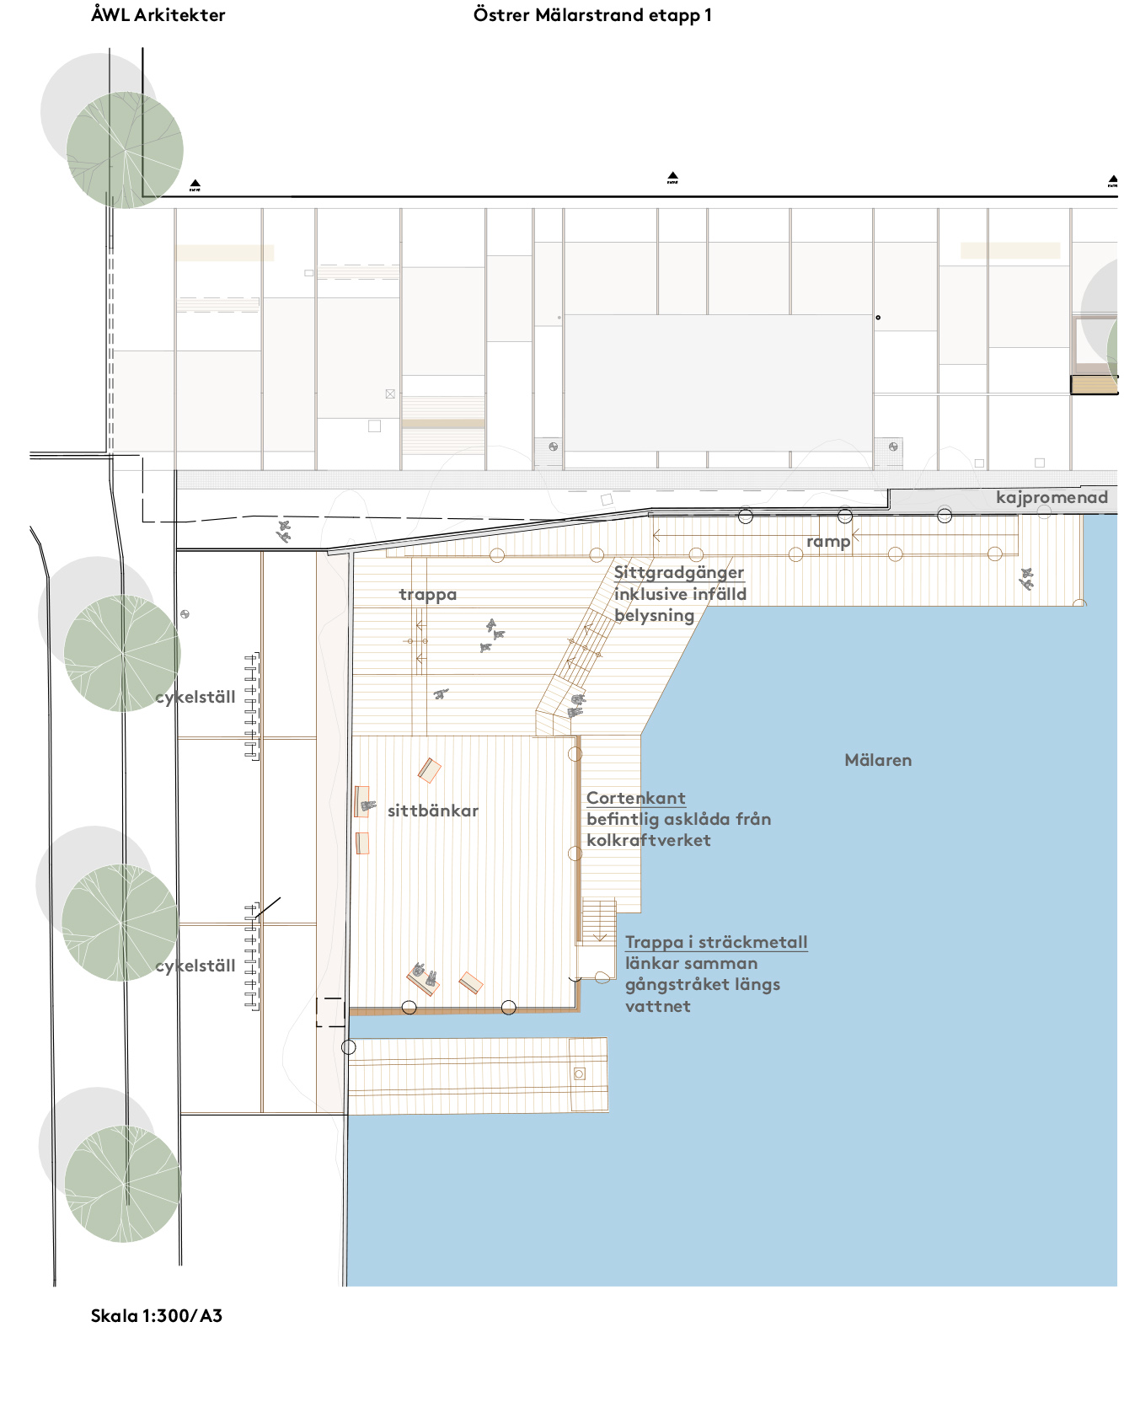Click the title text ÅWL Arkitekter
[x=158, y=15]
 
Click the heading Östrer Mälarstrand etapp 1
[x=592, y=15]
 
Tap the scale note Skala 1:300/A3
[x=157, y=1316]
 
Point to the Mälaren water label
[x=878, y=760]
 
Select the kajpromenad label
[x=1052, y=498]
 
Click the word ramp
[x=828, y=542]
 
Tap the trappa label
[x=428, y=595]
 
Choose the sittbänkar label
[x=433, y=811]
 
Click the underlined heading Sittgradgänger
[x=679, y=573]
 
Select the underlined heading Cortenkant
[x=636, y=798]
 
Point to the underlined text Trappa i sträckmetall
[x=716, y=942]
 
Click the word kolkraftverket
[x=649, y=840]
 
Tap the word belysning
[x=655, y=616]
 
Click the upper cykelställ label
[x=195, y=698]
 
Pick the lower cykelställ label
[x=195, y=966]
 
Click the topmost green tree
[x=125, y=150]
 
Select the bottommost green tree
[x=123, y=1184]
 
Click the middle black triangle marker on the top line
[x=672, y=178]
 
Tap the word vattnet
[x=658, y=1006]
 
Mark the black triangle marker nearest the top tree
[x=195, y=185]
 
